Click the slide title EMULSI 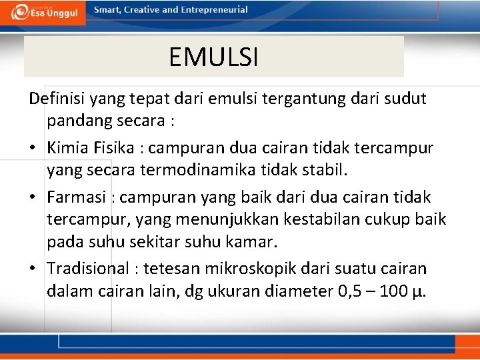(213, 57)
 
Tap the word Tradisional (88, 269)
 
